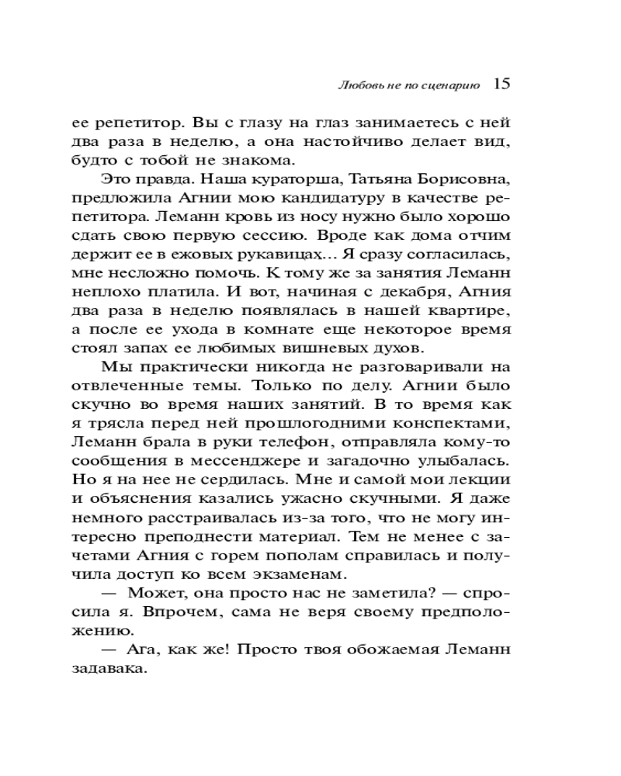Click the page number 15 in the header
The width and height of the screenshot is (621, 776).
pyautogui.click(x=501, y=84)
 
